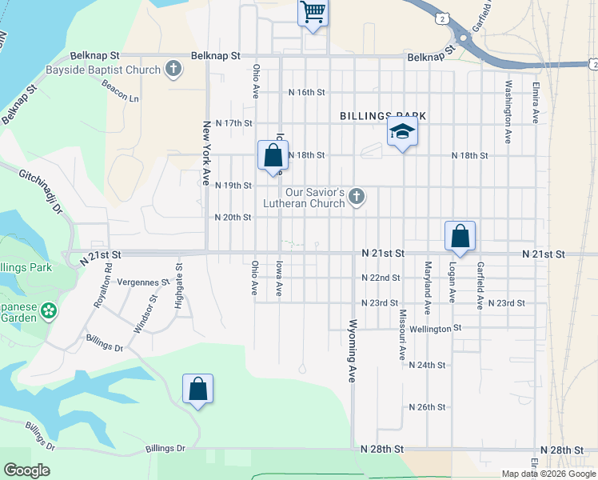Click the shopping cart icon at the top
(313, 12)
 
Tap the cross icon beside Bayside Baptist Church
(173, 70)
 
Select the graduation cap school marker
(402, 133)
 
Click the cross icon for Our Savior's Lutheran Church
(357, 196)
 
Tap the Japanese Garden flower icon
(49, 310)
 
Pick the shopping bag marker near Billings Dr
(197, 390)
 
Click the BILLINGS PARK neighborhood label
(382, 116)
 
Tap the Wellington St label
(436, 328)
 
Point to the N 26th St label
(426, 407)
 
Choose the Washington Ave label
(508, 110)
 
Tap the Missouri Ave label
(403, 335)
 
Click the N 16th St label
(307, 92)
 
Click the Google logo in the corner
(26, 470)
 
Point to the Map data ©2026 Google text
(548, 474)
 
